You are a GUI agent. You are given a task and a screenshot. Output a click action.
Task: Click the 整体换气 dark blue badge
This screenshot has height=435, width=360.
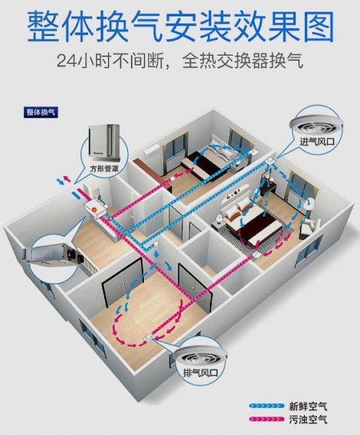(40, 113)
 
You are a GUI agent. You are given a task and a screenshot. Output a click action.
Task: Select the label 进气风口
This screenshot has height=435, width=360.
(317, 142)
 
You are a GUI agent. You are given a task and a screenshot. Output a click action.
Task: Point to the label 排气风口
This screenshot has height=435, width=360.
(200, 373)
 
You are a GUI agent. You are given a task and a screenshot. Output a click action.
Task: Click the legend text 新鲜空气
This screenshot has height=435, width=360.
(308, 407)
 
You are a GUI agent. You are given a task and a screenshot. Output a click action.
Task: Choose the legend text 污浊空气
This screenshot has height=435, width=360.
(308, 419)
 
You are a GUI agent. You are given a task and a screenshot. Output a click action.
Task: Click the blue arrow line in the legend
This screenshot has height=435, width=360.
(267, 406)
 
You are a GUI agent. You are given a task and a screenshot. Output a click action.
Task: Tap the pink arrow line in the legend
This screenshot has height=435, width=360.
(267, 419)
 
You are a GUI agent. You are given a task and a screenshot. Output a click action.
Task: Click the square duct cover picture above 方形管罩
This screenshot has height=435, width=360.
(104, 144)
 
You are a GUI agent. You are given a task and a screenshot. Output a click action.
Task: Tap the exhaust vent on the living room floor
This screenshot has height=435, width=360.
(147, 338)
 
